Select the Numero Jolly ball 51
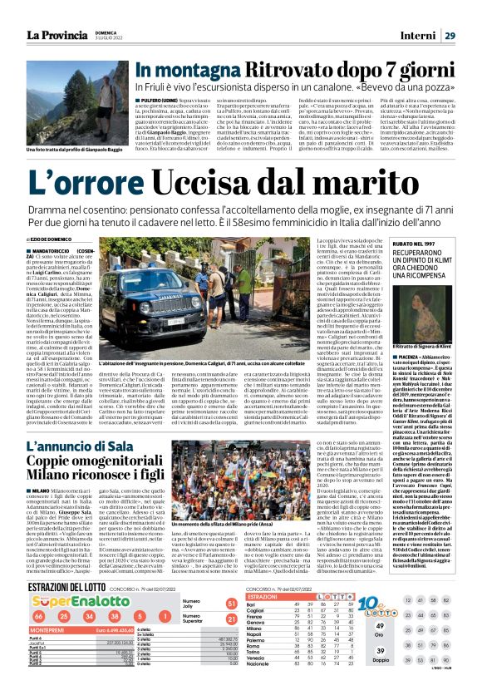coord(231,626)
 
